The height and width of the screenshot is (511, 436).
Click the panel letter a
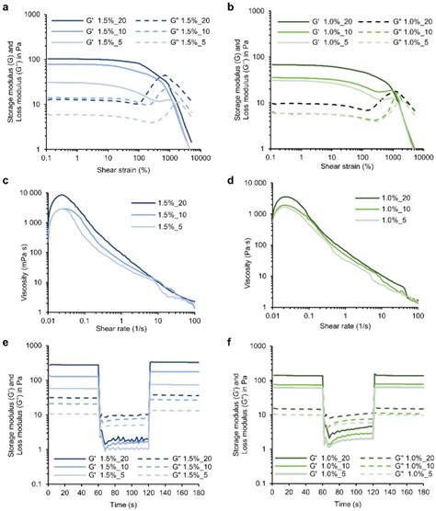click(x=6, y=6)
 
